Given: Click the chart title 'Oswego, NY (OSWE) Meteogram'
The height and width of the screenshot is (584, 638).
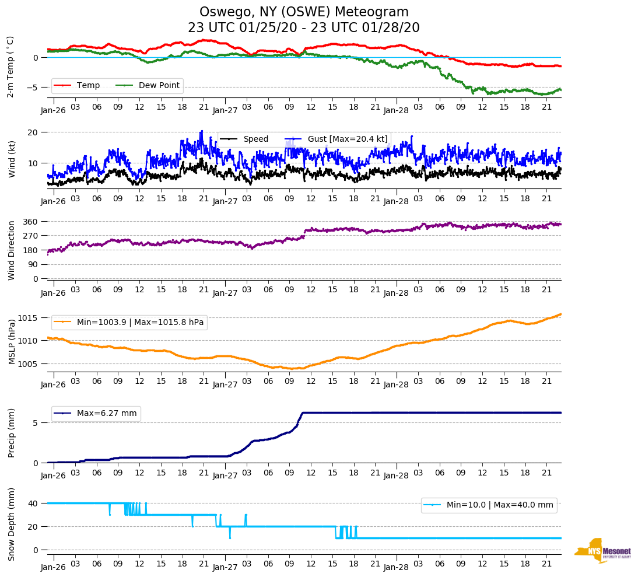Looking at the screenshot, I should coord(304,12).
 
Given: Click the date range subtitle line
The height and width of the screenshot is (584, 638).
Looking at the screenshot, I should coord(304,28).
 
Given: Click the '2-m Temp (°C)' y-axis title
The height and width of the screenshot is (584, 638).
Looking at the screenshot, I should coord(10,67).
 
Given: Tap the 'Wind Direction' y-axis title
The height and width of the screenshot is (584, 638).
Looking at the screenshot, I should coord(11,250).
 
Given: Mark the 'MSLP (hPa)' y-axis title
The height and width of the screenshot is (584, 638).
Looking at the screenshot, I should coord(11,342).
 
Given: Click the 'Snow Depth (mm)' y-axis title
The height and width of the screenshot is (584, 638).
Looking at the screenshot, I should coord(11,524).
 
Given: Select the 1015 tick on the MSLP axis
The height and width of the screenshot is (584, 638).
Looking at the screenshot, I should coord(29,318).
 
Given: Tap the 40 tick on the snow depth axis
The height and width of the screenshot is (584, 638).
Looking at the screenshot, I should coord(33,503).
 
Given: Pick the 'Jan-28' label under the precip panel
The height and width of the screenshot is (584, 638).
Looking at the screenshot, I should coord(396,475).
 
